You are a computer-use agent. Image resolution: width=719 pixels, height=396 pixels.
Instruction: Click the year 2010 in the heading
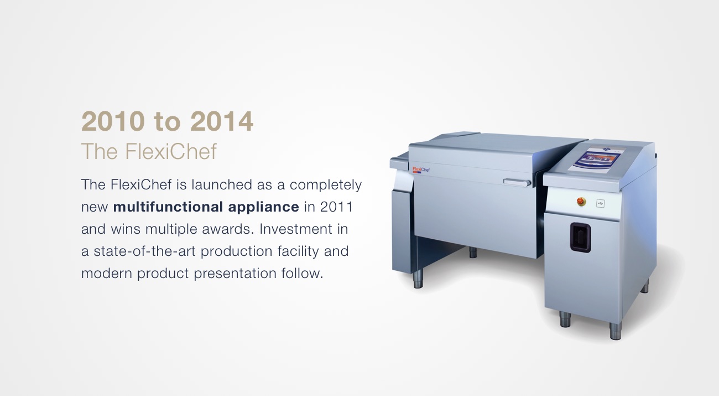point(113,121)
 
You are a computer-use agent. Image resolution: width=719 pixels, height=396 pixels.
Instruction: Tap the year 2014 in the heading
point(222,121)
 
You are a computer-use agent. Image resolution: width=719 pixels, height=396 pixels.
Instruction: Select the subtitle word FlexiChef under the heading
point(171,151)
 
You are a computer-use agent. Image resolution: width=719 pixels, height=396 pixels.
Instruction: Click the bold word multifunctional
point(168,207)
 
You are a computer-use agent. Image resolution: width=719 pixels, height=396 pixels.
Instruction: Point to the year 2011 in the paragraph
point(336,207)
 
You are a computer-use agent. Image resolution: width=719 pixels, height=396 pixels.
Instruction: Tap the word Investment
point(296,229)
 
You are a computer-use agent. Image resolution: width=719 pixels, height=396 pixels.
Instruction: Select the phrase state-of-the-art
point(144,251)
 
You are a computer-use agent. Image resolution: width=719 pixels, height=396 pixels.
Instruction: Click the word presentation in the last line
point(235,274)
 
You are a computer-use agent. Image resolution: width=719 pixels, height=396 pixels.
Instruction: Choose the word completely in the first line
point(326,185)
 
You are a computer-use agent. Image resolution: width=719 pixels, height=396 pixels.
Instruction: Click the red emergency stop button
point(581,202)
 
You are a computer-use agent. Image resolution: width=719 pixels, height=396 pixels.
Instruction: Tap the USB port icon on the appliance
point(600,203)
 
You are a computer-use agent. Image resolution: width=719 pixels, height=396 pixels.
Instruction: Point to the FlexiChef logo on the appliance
point(421,169)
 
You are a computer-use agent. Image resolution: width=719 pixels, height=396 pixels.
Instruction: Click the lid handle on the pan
point(517,183)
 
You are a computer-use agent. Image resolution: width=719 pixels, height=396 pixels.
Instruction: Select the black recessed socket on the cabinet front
point(580,238)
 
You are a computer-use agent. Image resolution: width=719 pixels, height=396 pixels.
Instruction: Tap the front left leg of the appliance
point(418,279)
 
